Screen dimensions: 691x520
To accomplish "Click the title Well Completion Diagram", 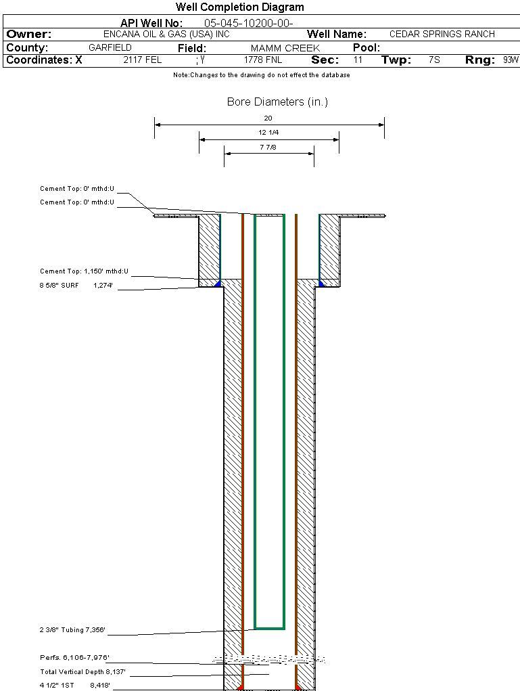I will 239,7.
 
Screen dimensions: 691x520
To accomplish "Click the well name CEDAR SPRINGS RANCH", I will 442,34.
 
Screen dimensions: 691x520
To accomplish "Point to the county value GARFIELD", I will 110,48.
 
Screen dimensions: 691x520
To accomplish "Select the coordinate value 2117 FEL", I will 143,60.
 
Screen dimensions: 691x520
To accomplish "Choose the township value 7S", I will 435,60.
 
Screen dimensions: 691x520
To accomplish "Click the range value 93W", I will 511,60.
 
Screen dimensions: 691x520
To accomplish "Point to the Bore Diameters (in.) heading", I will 277,102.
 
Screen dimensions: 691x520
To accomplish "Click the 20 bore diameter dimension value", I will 268,118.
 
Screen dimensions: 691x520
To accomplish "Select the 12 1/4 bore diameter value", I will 268,133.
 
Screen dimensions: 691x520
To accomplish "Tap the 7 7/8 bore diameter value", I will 268,147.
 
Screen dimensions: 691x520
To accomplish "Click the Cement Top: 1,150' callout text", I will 84,271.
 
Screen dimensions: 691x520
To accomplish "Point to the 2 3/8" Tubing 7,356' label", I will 72,631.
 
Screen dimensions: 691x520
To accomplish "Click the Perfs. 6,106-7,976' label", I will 74,658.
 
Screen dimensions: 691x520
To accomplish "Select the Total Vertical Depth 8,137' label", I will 83,672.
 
